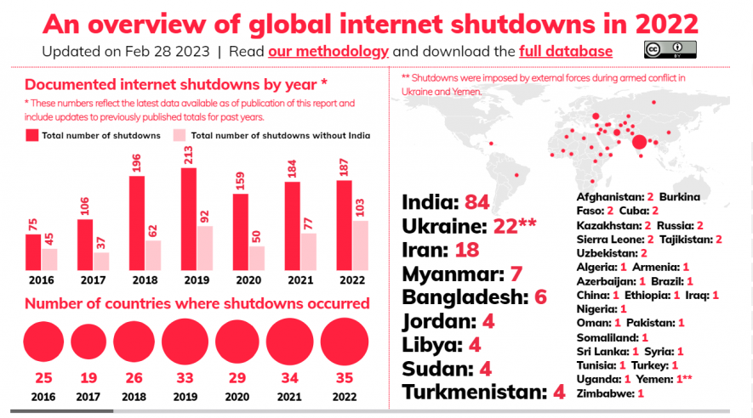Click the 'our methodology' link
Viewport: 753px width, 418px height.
328,51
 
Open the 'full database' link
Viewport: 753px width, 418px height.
566,51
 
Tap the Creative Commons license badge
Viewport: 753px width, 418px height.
670,49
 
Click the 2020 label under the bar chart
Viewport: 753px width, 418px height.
248,280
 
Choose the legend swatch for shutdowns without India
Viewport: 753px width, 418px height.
180,135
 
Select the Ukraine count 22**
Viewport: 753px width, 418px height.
515,226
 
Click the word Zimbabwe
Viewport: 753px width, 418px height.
605,393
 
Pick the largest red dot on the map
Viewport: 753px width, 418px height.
639,141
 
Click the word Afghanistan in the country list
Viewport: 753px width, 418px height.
609,196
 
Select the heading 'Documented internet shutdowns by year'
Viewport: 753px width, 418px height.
170,84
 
